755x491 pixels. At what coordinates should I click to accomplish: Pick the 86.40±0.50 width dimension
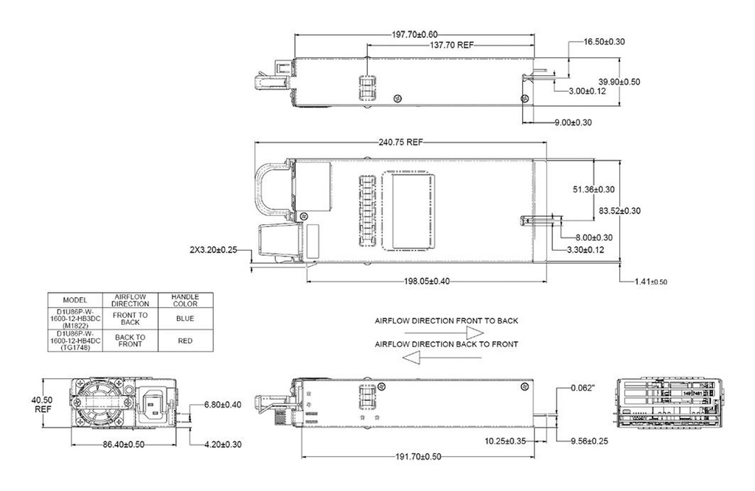click(124, 445)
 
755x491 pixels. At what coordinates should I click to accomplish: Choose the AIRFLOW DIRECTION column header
click(130, 299)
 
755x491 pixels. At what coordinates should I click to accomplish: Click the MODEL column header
click(75, 300)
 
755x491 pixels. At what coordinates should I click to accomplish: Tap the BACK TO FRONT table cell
click(130, 341)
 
